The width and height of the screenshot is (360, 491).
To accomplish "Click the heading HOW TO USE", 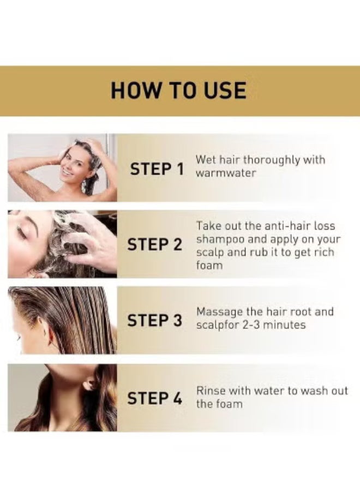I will click(178, 90).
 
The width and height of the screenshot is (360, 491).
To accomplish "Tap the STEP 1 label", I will click(157, 170).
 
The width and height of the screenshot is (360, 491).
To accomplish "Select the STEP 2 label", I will click(155, 245).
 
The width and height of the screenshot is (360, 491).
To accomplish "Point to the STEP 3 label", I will click(155, 321).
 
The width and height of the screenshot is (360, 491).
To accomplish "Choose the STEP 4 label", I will click(155, 399).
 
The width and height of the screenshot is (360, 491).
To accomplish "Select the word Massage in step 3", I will click(217, 312).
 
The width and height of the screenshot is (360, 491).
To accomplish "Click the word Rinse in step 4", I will click(209, 391).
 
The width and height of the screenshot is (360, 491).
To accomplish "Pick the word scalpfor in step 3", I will click(217, 325).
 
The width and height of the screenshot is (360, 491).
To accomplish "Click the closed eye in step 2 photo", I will click(21, 233).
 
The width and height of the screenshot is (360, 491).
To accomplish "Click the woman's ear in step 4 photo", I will click(87, 386).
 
